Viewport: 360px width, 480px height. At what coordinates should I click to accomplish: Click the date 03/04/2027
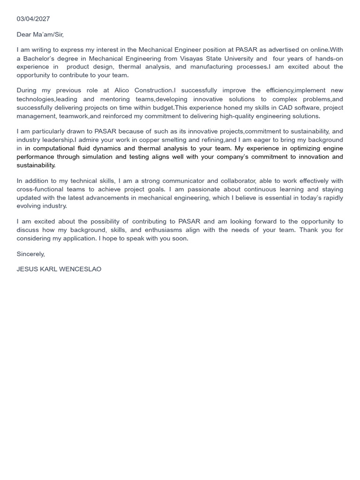coord(33,19)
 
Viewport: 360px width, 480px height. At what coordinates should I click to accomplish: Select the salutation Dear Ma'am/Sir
coord(40,35)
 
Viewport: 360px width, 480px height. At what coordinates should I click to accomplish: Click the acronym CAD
coord(285,108)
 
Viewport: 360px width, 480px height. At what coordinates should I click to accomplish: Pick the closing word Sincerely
coord(30,254)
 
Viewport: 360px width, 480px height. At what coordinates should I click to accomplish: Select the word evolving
coord(29,206)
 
